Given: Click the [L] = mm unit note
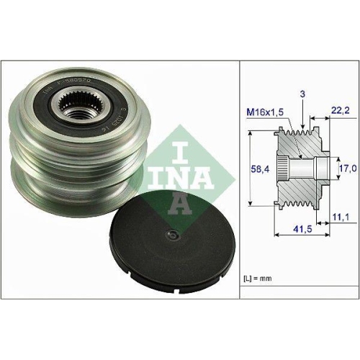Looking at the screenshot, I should coord(259,276).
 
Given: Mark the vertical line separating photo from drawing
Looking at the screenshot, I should coord(239,180).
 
